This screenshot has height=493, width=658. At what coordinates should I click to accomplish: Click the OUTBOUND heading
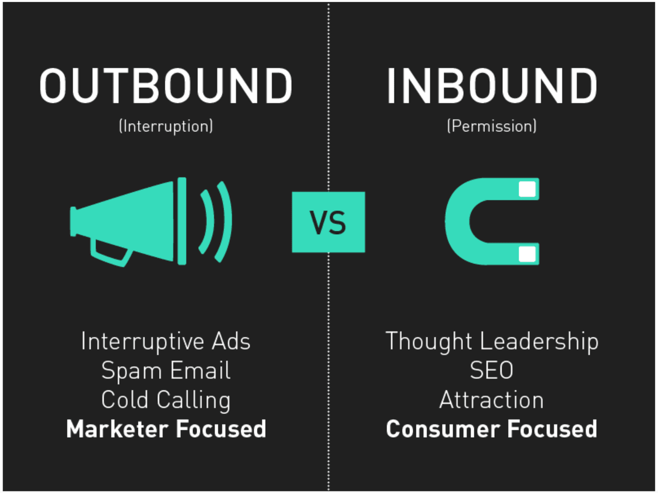point(166,86)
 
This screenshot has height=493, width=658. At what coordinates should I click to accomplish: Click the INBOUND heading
point(491,86)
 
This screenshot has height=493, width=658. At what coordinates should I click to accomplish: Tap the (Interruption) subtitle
point(166,126)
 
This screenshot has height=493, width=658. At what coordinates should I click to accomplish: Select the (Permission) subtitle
point(491,126)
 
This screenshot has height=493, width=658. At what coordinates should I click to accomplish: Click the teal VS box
point(328,222)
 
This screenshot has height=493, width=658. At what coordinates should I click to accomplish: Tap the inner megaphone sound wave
point(208,222)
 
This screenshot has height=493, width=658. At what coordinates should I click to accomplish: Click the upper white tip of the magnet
point(527,189)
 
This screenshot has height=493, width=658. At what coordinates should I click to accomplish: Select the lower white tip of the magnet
point(527,254)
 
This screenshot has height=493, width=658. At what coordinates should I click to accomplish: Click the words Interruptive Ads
point(166,341)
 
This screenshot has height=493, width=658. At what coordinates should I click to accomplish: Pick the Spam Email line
point(166,371)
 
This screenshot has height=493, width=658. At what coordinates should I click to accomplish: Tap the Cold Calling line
point(166,400)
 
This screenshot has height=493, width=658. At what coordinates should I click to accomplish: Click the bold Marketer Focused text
point(166,429)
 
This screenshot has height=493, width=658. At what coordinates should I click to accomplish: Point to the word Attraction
point(491,400)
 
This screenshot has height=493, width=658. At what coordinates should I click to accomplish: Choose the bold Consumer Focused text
point(491,429)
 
